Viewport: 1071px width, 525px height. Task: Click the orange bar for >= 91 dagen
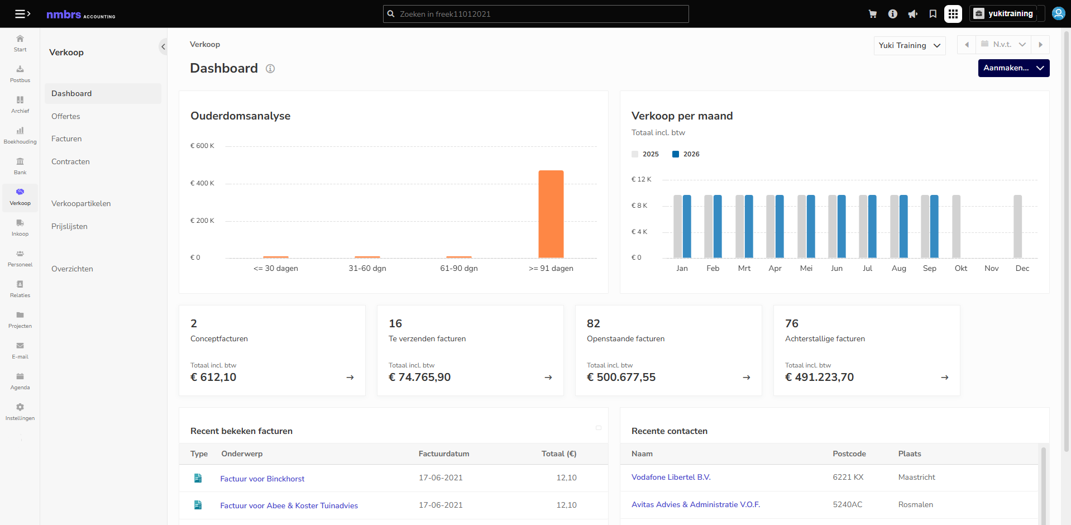click(551, 214)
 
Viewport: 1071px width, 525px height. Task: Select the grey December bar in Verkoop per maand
click(1017, 226)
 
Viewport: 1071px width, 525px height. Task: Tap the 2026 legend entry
click(686, 154)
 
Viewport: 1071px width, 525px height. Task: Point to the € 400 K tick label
click(202, 183)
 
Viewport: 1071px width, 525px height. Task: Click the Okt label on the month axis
click(960, 268)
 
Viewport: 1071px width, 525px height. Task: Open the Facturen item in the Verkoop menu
click(66, 139)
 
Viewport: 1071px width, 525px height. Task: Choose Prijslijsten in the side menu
click(69, 226)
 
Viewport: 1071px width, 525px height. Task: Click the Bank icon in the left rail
click(20, 161)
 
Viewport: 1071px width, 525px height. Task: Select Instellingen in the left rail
click(20, 412)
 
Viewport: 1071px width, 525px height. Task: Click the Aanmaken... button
click(1013, 68)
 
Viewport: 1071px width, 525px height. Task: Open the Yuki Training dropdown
click(910, 45)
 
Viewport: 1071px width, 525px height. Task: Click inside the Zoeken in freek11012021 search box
click(535, 14)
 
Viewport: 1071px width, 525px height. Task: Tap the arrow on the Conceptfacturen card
click(350, 378)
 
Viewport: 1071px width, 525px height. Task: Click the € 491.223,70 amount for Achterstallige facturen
click(819, 377)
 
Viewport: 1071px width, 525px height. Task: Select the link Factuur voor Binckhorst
click(262, 479)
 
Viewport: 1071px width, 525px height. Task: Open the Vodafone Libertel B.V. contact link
click(671, 477)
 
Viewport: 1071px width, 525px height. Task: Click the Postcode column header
click(849, 454)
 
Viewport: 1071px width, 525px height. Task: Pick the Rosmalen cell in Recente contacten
click(915, 504)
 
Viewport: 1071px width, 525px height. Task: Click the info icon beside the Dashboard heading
click(270, 69)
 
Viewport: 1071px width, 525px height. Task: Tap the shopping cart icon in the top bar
click(872, 14)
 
